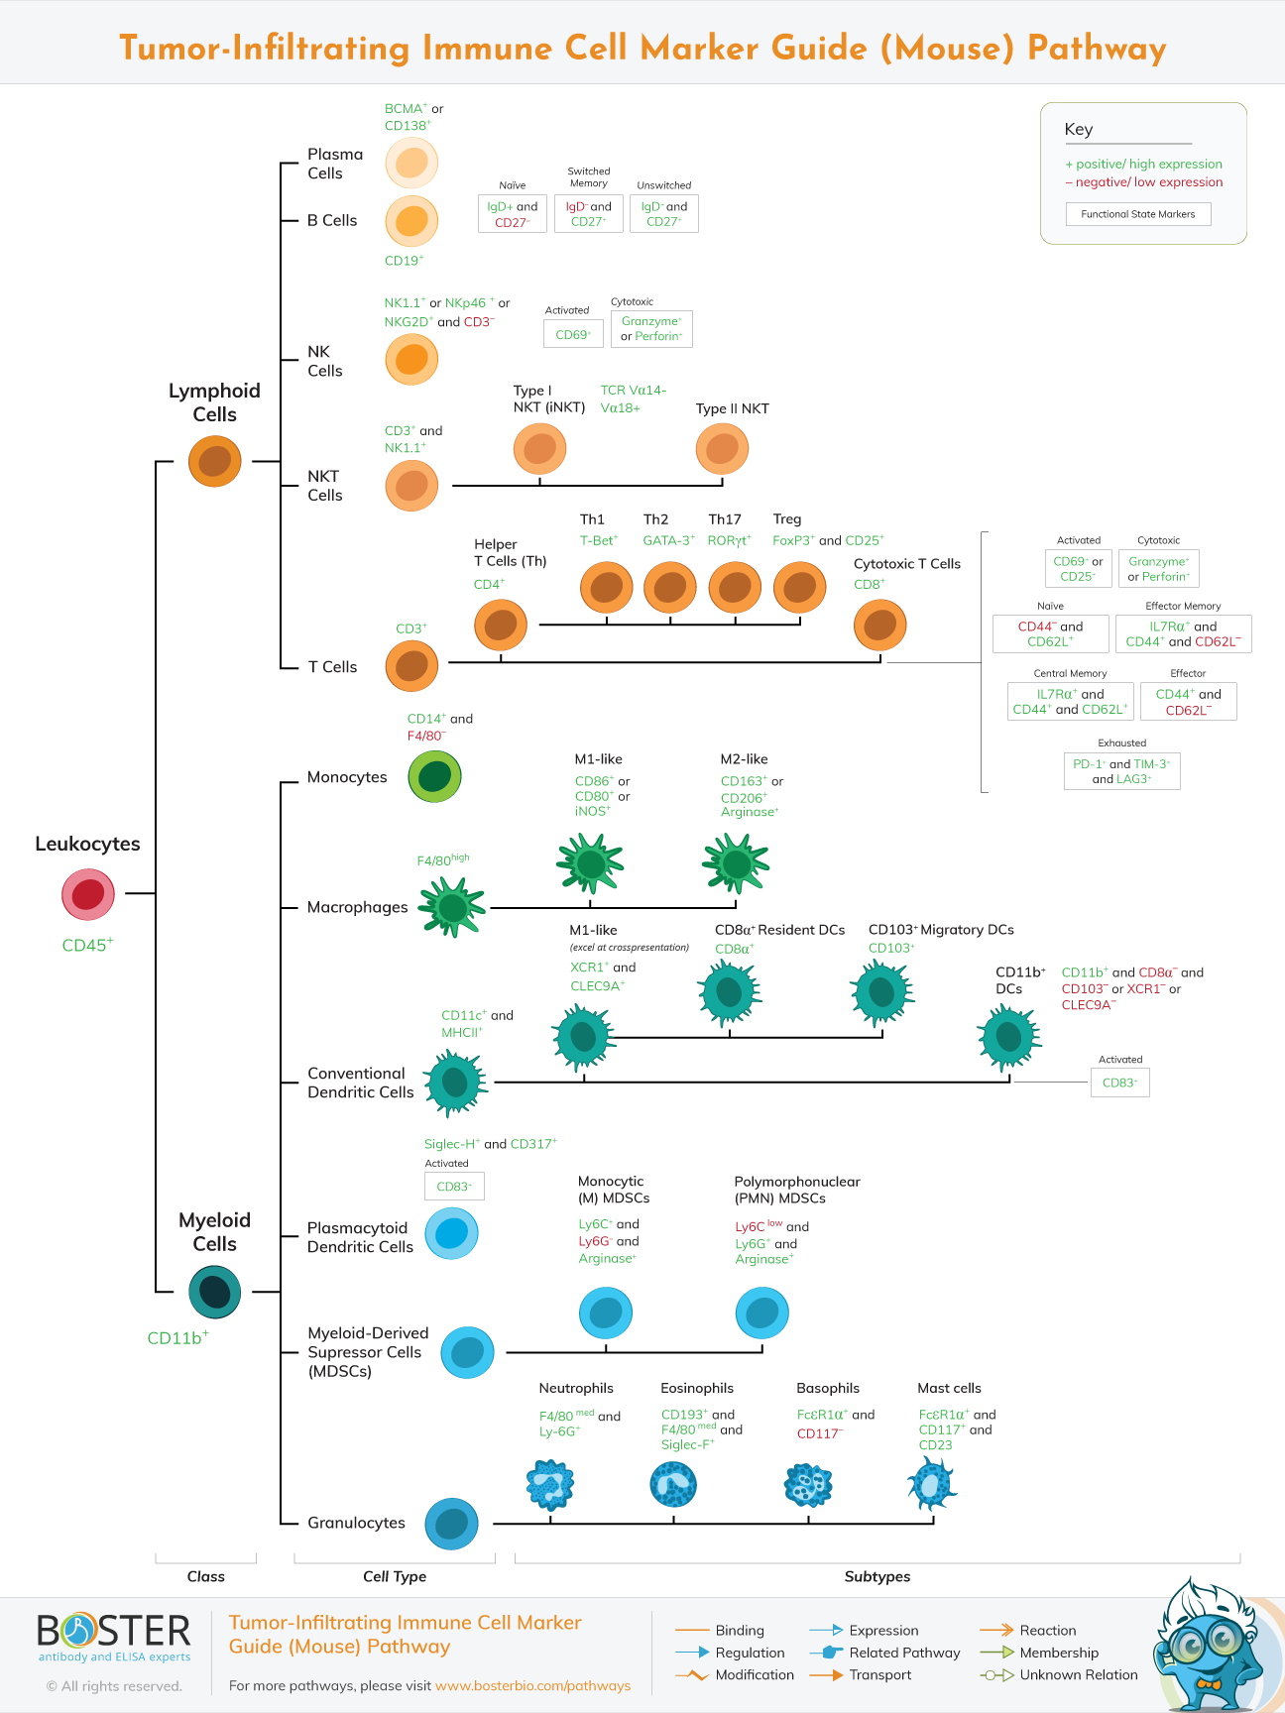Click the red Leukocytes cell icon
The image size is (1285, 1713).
tap(88, 894)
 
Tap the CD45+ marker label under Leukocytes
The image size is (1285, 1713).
tap(87, 946)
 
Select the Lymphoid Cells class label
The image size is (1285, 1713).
tap(214, 402)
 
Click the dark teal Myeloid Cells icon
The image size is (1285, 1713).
tap(214, 1292)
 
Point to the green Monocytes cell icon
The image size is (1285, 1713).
tap(434, 776)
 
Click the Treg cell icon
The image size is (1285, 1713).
tap(799, 587)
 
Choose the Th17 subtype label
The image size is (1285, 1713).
tap(725, 519)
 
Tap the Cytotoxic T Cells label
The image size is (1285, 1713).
tap(906, 564)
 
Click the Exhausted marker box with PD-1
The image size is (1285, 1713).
tap(1121, 771)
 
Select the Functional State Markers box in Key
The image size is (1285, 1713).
tap(1138, 214)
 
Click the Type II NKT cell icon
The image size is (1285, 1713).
tap(722, 449)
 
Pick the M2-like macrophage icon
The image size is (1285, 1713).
tap(736, 863)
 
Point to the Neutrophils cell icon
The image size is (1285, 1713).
tap(549, 1485)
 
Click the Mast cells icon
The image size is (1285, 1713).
tap(931, 1485)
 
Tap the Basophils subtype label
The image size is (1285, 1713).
tap(828, 1389)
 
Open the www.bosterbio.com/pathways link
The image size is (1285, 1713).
tap(532, 1685)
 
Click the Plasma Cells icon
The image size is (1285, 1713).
tap(411, 163)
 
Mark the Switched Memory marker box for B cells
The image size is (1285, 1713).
tap(589, 214)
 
